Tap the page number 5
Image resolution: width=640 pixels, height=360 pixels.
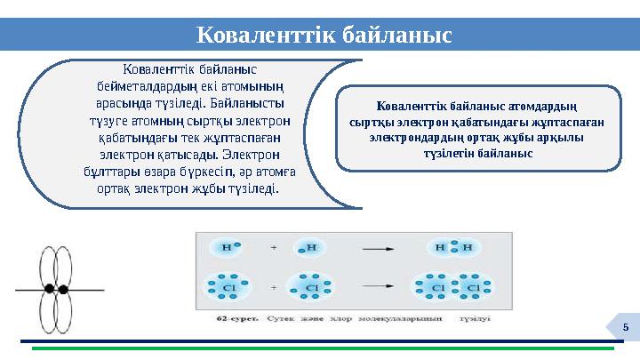625,329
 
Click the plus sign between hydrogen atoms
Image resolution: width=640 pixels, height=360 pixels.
274,246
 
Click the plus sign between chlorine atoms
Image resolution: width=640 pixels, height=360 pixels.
274,288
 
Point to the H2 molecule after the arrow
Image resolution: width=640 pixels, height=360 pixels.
453,246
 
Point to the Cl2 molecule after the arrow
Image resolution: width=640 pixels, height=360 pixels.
452,288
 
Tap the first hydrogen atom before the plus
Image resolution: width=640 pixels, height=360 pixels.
227,246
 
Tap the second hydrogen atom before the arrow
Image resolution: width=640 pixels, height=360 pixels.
311,246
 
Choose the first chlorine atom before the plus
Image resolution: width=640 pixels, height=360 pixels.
228,288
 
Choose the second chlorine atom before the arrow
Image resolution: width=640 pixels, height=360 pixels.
312,288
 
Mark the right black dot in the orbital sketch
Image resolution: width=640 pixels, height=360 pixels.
63,289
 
